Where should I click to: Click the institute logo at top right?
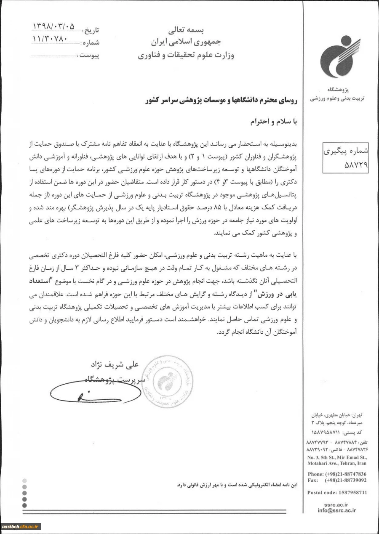point(340,57)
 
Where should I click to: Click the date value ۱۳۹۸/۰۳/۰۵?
point(53,27)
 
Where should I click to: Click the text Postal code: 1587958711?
point(337,492)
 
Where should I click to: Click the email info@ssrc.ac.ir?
point(337,510)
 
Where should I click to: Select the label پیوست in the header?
point(89,56)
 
